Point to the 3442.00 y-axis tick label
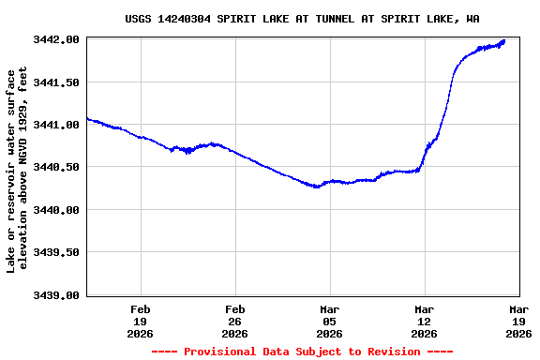(x=55, y=39)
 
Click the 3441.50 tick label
(x=55, y=82)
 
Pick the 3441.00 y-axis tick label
(x=55, y=125)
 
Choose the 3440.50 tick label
(x=55, y=167)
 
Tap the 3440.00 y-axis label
(x=55, y=210)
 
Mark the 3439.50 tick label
(x=55, y=252)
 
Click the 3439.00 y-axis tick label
(x=55, y=295)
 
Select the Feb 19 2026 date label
(x=141, y=321)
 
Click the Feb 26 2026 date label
(x=235, y=321)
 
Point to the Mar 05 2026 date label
(x=330, y=321)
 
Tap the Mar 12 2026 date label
(x=424, y=321)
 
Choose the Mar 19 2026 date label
(x=518, y=321)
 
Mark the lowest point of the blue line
(x=317, y=187)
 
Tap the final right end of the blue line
(x=504, y=40)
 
